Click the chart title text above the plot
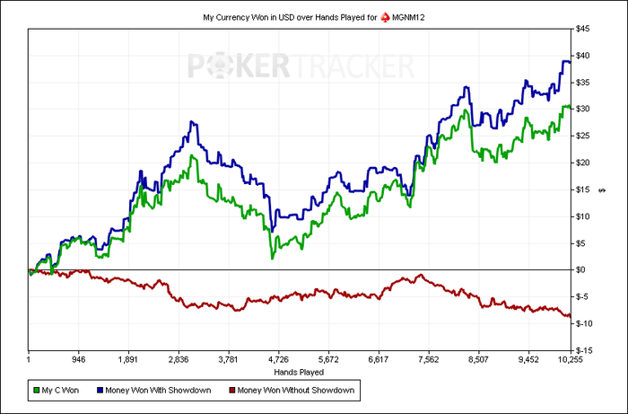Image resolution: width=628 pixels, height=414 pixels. (287, 17)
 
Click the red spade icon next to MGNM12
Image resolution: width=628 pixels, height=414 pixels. (386, 17)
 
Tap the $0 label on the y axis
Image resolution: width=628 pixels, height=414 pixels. (582, 269)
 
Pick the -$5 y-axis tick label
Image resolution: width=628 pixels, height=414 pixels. (584, 296)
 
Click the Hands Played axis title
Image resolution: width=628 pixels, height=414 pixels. (299, 370)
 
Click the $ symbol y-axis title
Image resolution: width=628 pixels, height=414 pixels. (602, 189)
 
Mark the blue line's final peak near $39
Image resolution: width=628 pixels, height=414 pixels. (565, 61)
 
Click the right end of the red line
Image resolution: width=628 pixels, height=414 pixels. (569, 315)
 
